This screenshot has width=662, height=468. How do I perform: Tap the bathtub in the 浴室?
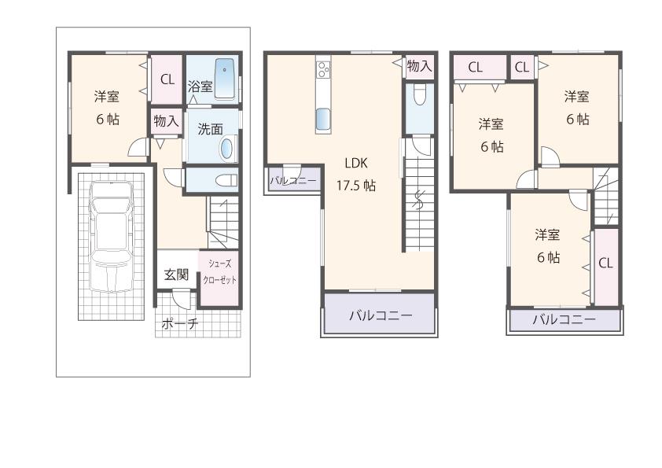pos(225,79)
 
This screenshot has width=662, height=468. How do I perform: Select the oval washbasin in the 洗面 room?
pos(226,148)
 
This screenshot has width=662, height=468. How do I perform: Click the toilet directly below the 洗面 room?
pos(225,180)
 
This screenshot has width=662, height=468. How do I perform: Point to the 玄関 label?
pos(176,275)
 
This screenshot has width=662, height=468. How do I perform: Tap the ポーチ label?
pos(179,323)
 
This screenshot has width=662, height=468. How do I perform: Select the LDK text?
pos(356,164)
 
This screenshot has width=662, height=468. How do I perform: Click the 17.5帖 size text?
pos(356,186)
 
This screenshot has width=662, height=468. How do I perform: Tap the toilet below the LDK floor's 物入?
pos(419,96)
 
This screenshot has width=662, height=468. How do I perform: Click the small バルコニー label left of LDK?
pos(292,181)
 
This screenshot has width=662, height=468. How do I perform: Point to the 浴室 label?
pos(200,87)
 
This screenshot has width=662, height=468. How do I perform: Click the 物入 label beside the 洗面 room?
pos(166,121)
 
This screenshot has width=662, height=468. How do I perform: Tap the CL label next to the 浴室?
pos(167,79)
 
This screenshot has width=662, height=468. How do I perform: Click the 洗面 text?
pos(210,128)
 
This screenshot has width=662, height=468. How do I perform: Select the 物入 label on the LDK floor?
pos(419,66)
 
